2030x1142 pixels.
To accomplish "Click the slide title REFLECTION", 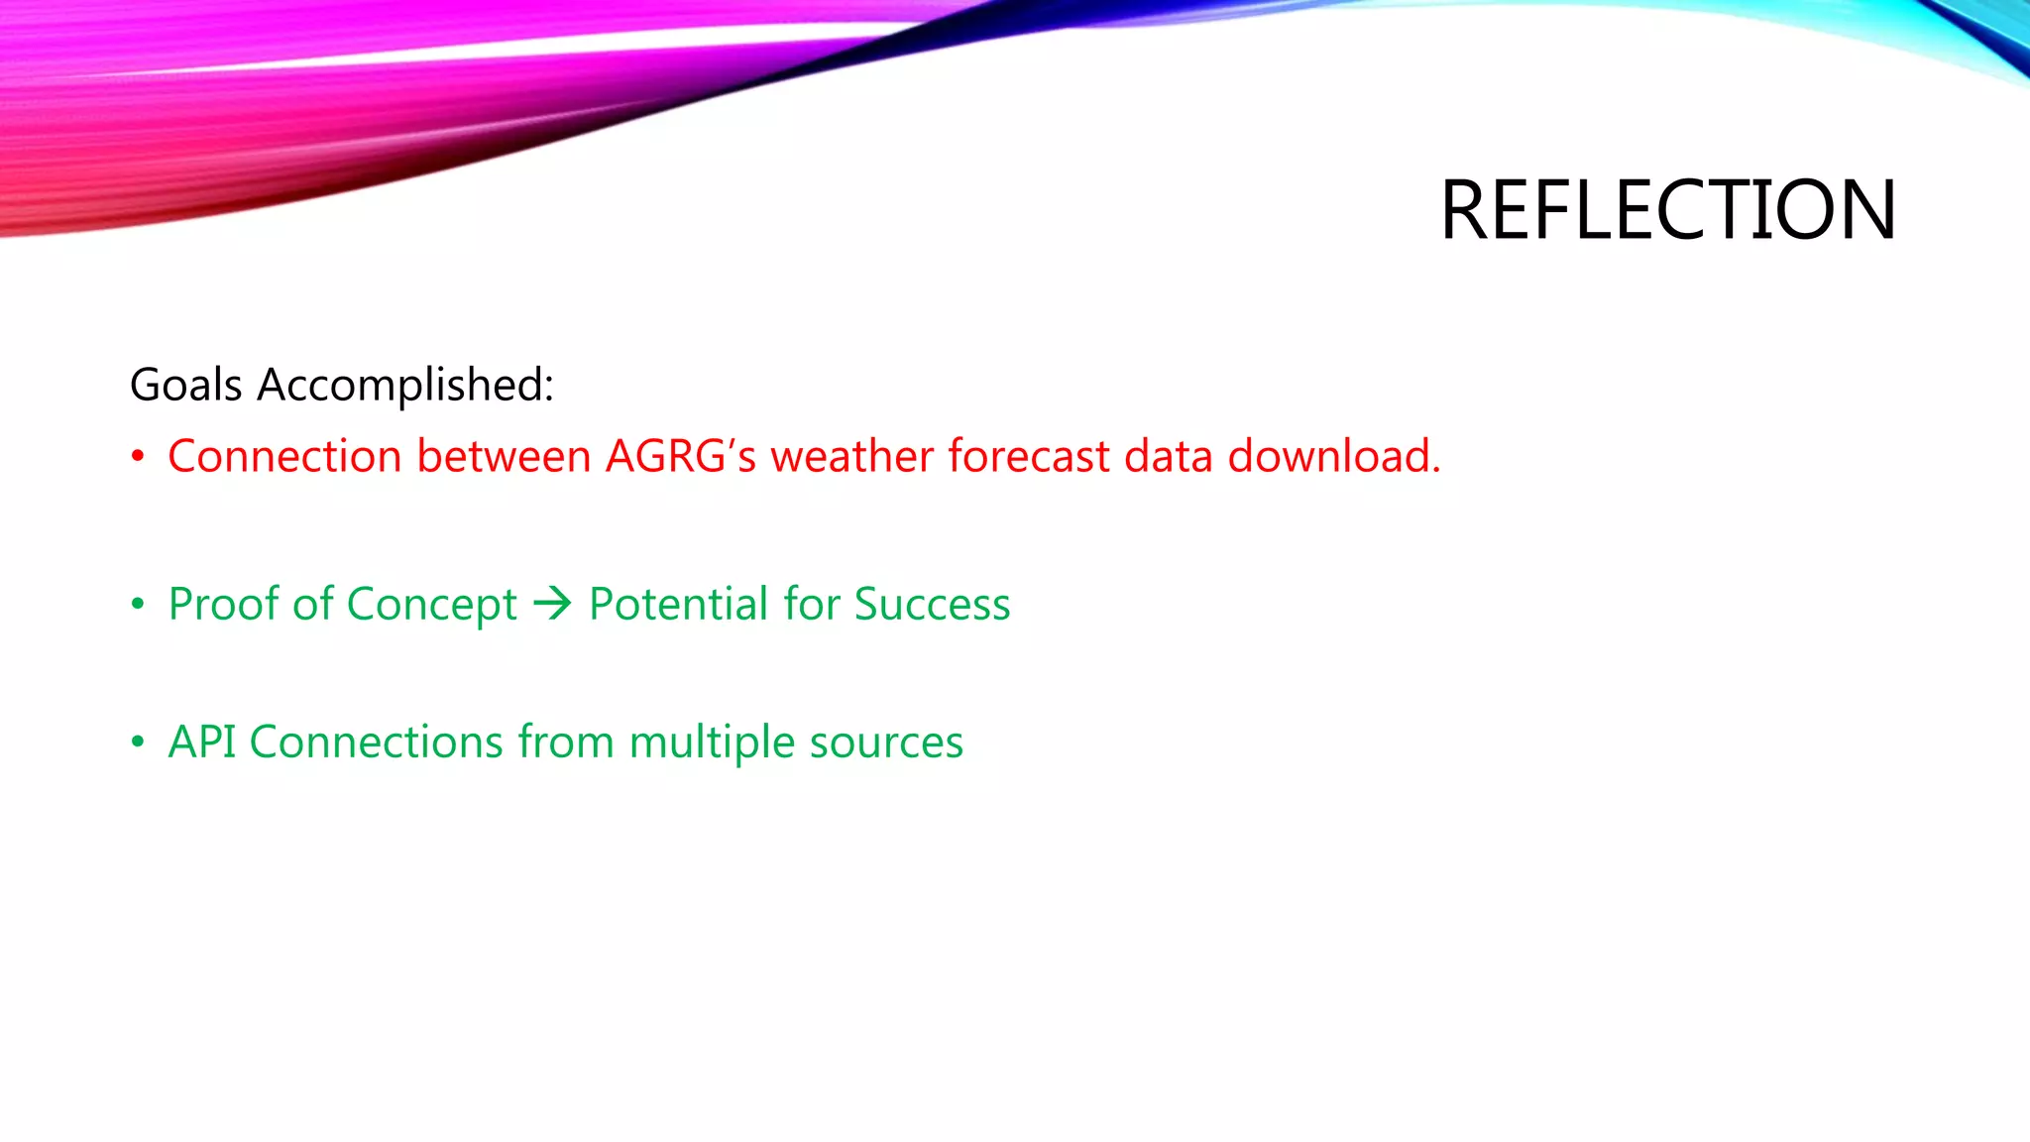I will [x=1667, y=210].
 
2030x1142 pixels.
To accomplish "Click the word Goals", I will [x=185, y=385].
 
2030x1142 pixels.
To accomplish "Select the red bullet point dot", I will [x=138, y=457].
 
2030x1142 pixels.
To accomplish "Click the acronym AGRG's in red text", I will [x=680, y=457].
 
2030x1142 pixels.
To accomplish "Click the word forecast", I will [x=1028, y=457].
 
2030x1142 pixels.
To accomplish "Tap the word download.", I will [x=1333, y=457].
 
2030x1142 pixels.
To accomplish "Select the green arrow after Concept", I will [x=552, y=604].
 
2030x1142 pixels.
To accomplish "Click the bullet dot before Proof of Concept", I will [x=138, y=604].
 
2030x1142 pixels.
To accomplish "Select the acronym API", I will [x=202, y=742].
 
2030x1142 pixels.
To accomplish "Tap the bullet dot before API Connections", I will [x=138, y=742].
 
